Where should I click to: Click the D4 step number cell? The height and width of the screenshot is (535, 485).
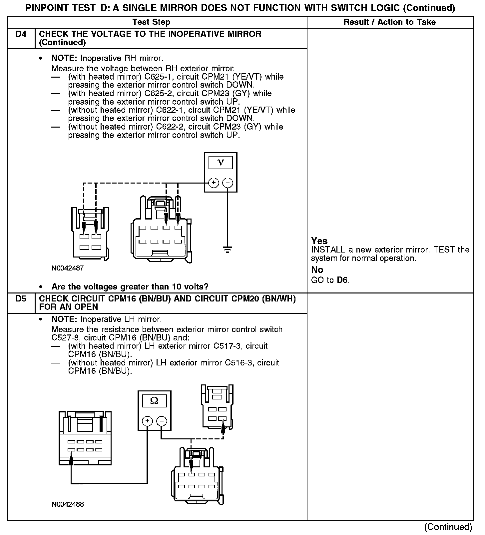(21, 34)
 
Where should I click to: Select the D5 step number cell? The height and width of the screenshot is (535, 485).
(21, 299)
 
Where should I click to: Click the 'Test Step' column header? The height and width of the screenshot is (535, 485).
(151, 22)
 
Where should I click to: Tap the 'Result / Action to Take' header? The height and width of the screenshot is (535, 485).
(389, 22)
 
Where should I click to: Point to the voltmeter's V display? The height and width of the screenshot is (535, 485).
(221, 163)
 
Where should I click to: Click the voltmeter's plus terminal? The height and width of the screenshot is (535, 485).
(213, 183)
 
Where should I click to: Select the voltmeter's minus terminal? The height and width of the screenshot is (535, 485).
(228, 183)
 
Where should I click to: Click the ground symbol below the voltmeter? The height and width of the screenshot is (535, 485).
(228, 249)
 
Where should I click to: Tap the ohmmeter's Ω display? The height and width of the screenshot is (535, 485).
(154, 401)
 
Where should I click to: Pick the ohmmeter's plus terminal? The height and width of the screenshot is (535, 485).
(147, 421)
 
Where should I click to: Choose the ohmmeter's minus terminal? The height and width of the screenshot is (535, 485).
(161, 421)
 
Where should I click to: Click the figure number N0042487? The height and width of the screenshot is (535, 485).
(68, 268)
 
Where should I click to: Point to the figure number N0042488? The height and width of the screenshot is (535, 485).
(68, 504)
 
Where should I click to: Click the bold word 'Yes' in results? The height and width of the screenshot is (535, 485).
(319, 241)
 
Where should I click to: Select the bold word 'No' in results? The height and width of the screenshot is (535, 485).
(317, 269)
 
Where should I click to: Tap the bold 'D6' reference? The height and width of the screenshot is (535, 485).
(343, 280)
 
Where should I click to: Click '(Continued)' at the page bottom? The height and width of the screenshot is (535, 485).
(448, 527)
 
